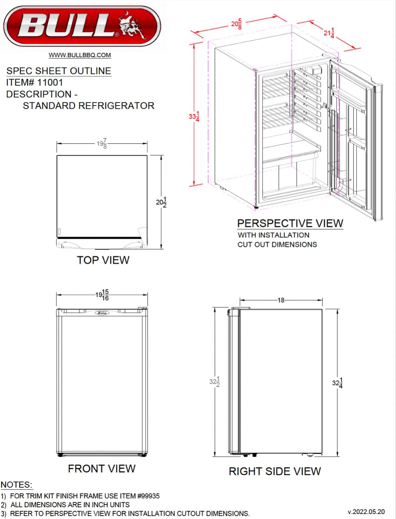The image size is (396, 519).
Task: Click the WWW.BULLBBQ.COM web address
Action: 80,55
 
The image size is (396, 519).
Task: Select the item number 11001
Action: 50,83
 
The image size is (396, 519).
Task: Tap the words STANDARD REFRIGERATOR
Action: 89,106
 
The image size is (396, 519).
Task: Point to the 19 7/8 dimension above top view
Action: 102,143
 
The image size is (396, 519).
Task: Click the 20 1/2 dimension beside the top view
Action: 161,202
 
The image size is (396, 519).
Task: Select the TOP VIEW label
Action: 103,260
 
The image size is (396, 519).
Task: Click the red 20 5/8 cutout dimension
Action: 237,24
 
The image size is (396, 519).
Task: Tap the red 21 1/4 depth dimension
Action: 329,33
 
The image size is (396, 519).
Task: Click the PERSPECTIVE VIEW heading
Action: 290,224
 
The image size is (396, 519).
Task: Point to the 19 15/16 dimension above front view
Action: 102,295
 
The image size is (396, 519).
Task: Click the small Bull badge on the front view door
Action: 102,313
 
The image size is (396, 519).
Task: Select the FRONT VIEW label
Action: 102,469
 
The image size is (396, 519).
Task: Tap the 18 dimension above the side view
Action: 281,300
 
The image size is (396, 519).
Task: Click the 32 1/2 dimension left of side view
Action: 214,382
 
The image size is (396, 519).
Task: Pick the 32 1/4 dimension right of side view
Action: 337,383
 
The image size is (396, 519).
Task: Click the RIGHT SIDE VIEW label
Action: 274,471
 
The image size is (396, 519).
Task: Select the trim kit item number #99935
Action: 148,496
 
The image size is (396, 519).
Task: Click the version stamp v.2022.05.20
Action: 366,512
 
